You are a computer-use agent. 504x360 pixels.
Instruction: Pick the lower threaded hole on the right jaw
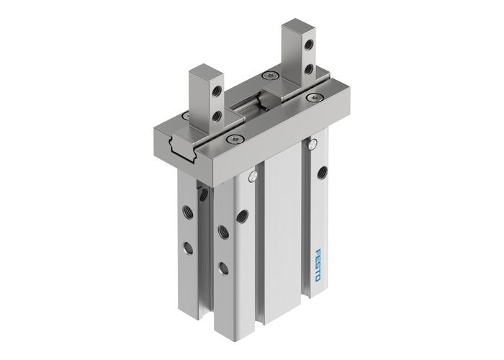point(310,68)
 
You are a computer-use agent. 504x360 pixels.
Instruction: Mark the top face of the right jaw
point(297,27)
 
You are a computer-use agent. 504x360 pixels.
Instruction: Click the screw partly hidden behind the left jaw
point(186,115)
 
